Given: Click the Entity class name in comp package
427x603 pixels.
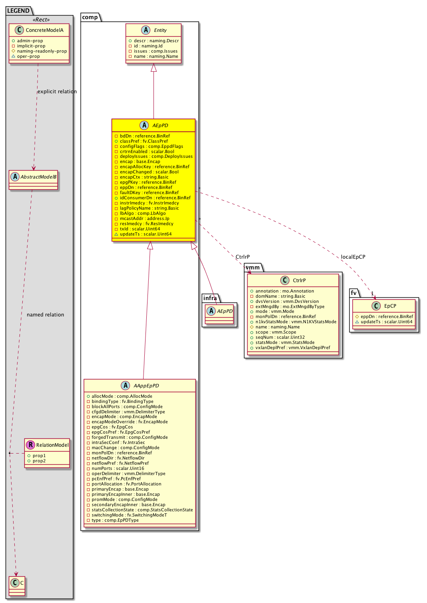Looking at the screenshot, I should tap(160, 30).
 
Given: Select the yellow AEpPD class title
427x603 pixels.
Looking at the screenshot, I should tap(160, 126).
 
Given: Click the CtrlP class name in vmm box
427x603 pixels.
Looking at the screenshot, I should tap(299, 281).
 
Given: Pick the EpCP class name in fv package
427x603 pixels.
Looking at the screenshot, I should tap(390, 306).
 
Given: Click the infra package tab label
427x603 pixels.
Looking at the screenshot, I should tap(210, 298).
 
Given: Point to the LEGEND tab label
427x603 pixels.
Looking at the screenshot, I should tap(18, 11).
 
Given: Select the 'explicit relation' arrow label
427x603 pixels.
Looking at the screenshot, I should tap(57, 92).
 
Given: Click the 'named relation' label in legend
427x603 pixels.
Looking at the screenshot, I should tap(45, 315).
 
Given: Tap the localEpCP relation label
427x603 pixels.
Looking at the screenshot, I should tap(353, 257).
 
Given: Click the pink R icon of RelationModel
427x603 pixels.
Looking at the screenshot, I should tap(31, 445).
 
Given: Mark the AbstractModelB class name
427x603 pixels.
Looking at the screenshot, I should tap(38, 177).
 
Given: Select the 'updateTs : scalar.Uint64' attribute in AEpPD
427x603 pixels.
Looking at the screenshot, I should tap(146, 234).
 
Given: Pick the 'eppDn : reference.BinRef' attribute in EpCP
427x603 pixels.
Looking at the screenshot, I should tap(386, 316).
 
